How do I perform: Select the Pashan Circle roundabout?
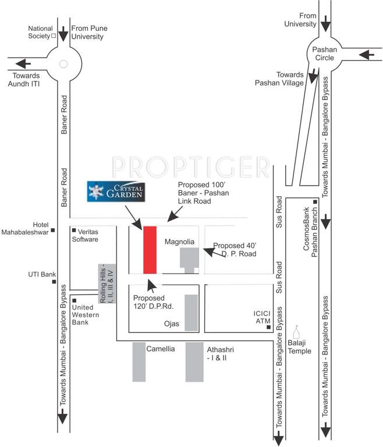pyautogui.click(x=325, y=54)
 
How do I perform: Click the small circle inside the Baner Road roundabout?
pyautogui.click(x=63, y=64)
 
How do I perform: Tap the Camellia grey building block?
pyautogui.click(x=139, y=362)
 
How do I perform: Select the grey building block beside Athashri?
pyautogui.click(x=194, y=362)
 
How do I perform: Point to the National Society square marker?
pyautogui.click(x=54, y=36)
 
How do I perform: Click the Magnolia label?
pyautogui.click(x=179, y=241)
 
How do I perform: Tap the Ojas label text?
pyautogui.click(x=171, y=324)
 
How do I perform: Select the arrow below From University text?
pyautogui.click(x=325, y=24)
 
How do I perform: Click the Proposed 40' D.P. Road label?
pyautogui.click(x=234, y=250)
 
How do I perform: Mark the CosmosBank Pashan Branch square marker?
pyautogui.click(x=315, y=203)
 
